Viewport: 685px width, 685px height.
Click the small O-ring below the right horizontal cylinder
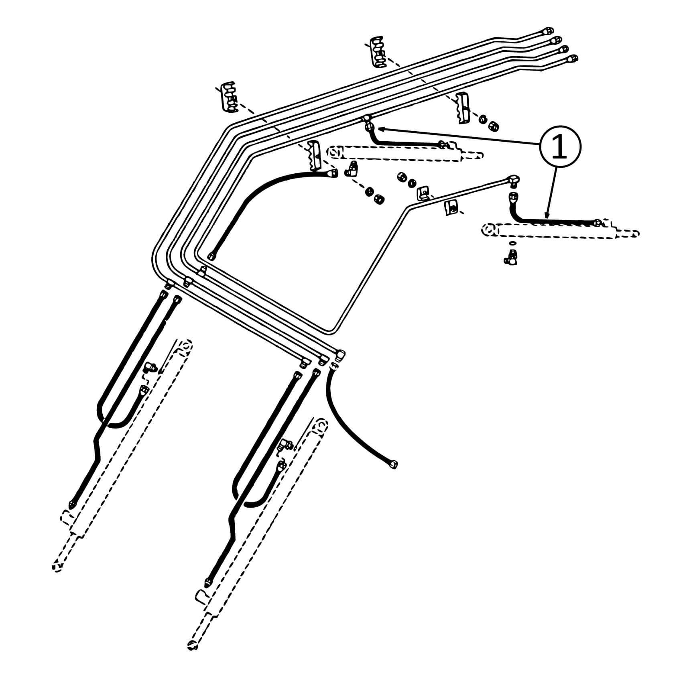(x=512, y=244)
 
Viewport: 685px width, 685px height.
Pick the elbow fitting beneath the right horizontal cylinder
(x=511, y=256)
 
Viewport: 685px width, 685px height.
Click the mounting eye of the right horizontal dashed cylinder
(x=489, y=230)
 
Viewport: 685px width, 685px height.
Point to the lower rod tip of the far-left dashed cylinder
(x=57, y=567)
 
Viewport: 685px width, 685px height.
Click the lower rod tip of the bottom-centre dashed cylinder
(x=192, y=657)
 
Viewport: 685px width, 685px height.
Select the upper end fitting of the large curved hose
(x=332, y=173)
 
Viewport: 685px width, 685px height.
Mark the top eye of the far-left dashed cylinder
(x=185, y=346)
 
